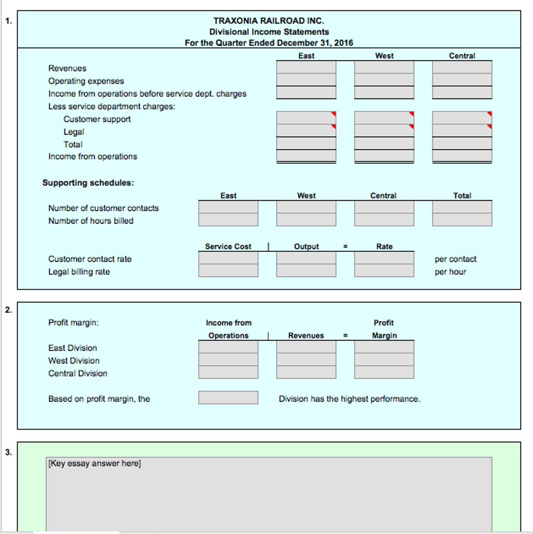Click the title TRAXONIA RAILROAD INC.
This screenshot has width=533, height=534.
(x=269, y=21)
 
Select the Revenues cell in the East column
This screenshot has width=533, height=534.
(x=306, y=67)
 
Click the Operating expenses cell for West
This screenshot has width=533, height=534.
(x=384, y=80)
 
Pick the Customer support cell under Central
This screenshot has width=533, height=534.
(x=462, y=118)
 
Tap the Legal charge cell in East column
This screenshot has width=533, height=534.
(x=306, y=131)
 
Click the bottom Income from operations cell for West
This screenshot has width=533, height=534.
(x=384, y=156)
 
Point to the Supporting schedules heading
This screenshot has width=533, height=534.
(x=88, y=183)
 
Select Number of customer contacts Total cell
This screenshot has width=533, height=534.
(x=462, y=207)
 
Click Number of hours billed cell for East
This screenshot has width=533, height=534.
(x=228, y=220)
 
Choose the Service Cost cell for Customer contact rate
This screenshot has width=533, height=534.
(x=228, y=258)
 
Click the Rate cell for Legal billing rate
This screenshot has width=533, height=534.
(x=384, y=271)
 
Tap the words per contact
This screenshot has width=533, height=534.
(x=455, y=259)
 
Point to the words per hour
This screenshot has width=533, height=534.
(x=450, y=272)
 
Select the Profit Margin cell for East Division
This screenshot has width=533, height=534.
(x=384, y=347)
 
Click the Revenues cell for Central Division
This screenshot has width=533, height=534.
(x=306, y=372)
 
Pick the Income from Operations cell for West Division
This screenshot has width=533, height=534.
(x=228, y=360)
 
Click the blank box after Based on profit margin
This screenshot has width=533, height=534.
(x=228, y=398)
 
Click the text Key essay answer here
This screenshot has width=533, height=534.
(x=94, y=464)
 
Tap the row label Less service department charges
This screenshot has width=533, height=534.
(x=112, y=106)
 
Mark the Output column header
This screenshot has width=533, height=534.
(x=306, y=247)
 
